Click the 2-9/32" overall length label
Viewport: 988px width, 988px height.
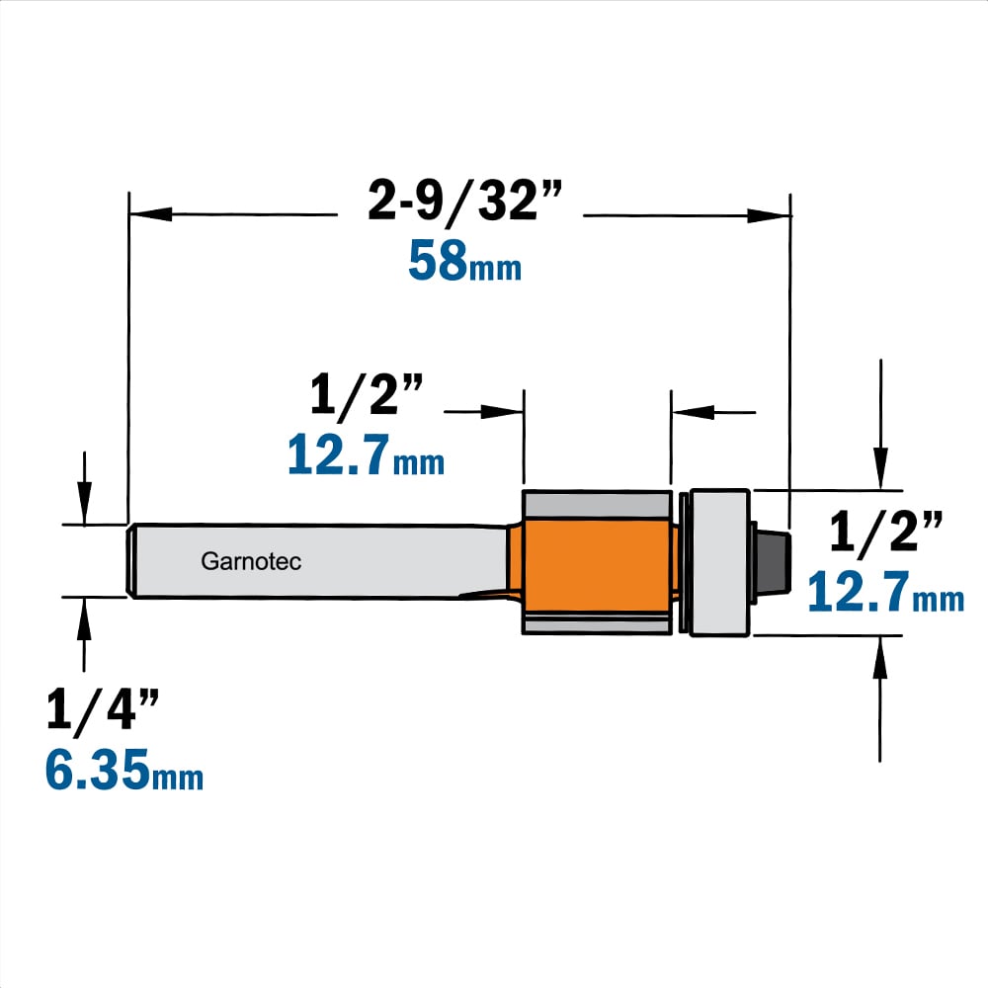point(463,202)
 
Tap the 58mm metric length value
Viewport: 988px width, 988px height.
point(464,261)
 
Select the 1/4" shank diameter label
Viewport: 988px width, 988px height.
point(102,710)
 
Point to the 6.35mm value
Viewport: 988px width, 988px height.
point(124,770)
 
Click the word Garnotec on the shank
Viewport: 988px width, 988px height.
point(251,561)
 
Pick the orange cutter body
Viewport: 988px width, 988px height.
point(597,564)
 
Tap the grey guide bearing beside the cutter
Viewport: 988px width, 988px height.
point(719,563)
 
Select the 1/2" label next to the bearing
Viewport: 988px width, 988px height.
point(885,532)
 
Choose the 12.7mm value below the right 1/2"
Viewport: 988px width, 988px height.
point(885,592)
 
